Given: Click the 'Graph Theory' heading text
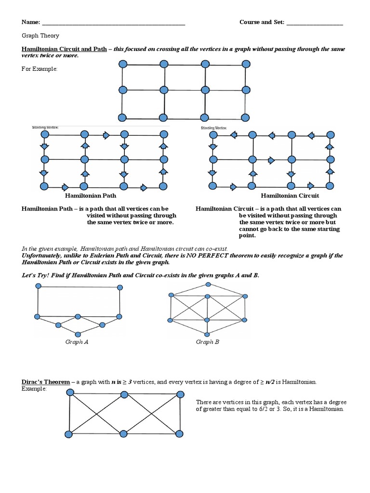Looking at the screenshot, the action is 40,36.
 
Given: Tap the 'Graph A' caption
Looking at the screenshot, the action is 77,342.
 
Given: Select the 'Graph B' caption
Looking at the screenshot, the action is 208,342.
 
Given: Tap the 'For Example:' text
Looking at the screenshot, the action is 39,69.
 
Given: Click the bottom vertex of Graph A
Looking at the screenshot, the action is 78,334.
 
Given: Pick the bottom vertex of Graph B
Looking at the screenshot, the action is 207,334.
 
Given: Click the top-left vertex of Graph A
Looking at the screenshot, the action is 38,286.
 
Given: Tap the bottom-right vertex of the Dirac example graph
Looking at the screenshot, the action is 180,434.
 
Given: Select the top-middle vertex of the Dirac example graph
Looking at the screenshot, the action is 125,394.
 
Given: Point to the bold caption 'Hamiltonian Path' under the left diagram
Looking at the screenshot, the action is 91,196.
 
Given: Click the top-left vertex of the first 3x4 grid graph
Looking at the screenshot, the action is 122,64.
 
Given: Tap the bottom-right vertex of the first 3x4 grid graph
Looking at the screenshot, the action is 246,117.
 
